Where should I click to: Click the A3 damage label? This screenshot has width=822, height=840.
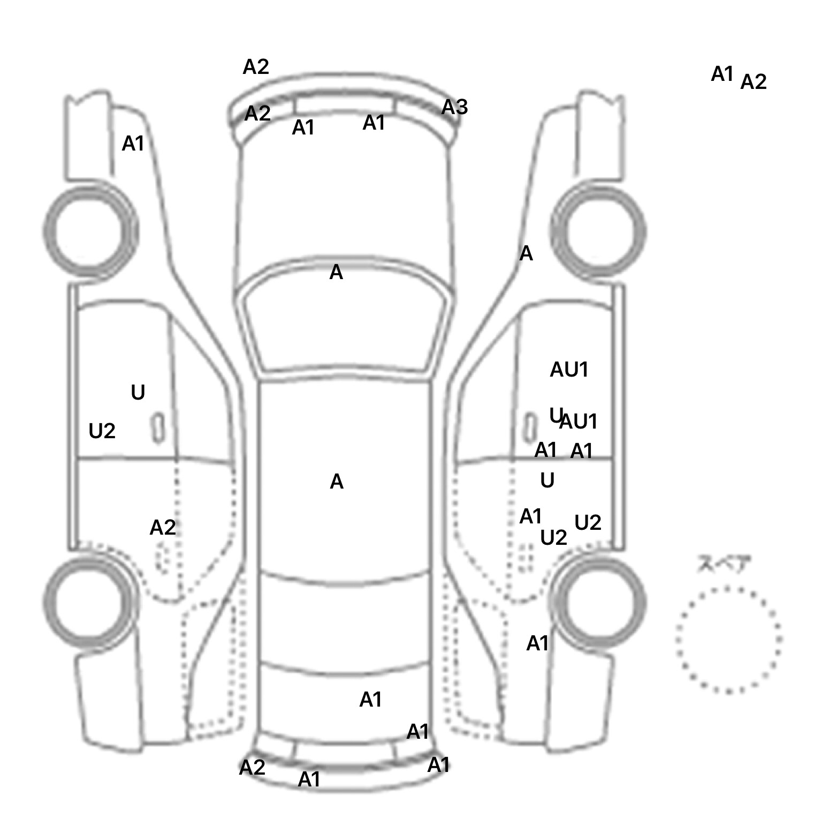(x=454, y=108)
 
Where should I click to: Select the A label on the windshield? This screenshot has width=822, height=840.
(x=336, y=273)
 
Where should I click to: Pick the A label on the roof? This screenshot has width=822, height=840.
(x=336, y=482)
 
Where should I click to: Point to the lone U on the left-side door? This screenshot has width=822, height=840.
(x=138, y=393)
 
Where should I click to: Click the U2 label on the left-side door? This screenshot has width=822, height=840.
(x=102, y=431)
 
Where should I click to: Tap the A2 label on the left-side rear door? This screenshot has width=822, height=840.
(x=163, y=528)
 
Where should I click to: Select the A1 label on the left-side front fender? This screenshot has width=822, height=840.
(x=133, y=144)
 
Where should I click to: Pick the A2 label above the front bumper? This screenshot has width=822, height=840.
(x=256, y=67)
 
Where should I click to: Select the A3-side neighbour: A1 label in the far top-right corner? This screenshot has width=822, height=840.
(x=722, y=74)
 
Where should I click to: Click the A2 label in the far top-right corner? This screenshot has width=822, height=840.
(x=753, y=82)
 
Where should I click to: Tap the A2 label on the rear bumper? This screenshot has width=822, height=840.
(x=252, y=768)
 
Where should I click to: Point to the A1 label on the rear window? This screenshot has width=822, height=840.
(x=370, y=699)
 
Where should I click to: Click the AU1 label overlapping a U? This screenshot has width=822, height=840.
(x=578, y=422)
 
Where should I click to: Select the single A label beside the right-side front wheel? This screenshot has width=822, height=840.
(x=526, y=253)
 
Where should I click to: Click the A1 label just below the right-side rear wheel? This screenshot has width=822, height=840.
(x=538, y=643)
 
